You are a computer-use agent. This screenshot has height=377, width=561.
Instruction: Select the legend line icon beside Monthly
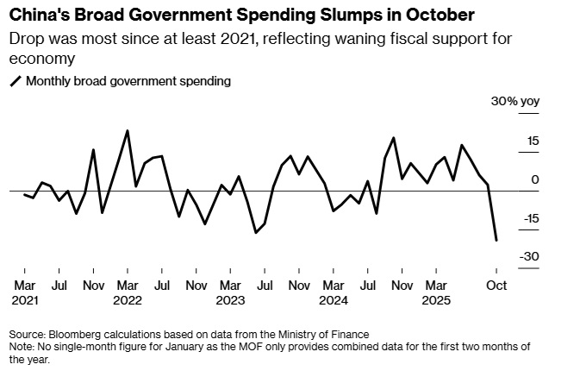[15, 82]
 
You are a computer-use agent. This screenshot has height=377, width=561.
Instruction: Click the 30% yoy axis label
[514, 102]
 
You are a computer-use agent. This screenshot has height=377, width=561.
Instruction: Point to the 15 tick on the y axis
[533, 141]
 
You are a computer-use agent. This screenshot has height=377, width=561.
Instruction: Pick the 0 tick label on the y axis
[536, 179]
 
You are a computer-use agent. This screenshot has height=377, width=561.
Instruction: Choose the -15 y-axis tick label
[530, 219]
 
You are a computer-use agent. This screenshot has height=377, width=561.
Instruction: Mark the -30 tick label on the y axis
[530, 257]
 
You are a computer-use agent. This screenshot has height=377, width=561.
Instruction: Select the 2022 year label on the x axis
[128, 301]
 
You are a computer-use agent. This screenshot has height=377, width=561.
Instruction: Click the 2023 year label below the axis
[229, 301]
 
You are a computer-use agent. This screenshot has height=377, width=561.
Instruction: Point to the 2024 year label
[333, 301]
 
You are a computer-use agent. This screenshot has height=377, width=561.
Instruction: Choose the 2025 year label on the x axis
[437, 301]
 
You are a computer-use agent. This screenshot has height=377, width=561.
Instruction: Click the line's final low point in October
[496, 241]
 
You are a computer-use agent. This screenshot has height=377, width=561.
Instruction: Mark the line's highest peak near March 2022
[128, 131]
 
